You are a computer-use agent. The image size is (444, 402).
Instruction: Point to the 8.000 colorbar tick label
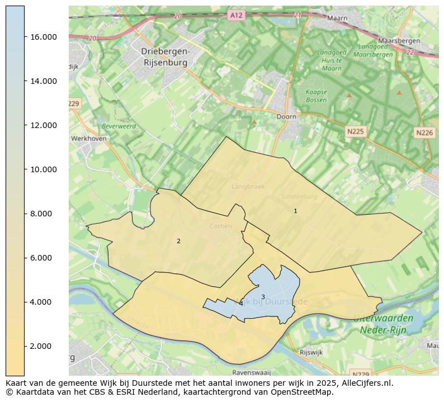[43, 214]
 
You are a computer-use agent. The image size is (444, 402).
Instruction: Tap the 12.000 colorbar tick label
[43, 125]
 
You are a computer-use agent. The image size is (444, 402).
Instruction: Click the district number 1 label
[295, 211]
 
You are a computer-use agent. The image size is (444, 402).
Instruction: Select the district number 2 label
[178, 241]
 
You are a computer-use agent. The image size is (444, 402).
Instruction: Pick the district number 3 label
[263, 297]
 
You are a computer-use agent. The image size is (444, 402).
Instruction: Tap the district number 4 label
[241, 304]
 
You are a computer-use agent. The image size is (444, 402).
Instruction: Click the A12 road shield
[236, 15]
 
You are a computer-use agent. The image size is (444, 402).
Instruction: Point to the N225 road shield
[355, 131]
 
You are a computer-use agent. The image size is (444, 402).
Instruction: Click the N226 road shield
[424, 133]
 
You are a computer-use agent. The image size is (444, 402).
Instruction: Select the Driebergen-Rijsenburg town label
[166, 57]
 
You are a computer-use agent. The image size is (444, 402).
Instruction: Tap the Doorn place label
[286, 117]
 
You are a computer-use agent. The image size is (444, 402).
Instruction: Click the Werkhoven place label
[89, 138]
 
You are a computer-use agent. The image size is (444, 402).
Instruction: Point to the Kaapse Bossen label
[317, 96]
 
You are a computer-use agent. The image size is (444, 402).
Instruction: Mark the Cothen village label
[220, 226]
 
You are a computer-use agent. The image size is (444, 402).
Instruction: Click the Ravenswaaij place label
[251, 372]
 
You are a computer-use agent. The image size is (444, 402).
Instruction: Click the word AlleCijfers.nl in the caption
[366, 383]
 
